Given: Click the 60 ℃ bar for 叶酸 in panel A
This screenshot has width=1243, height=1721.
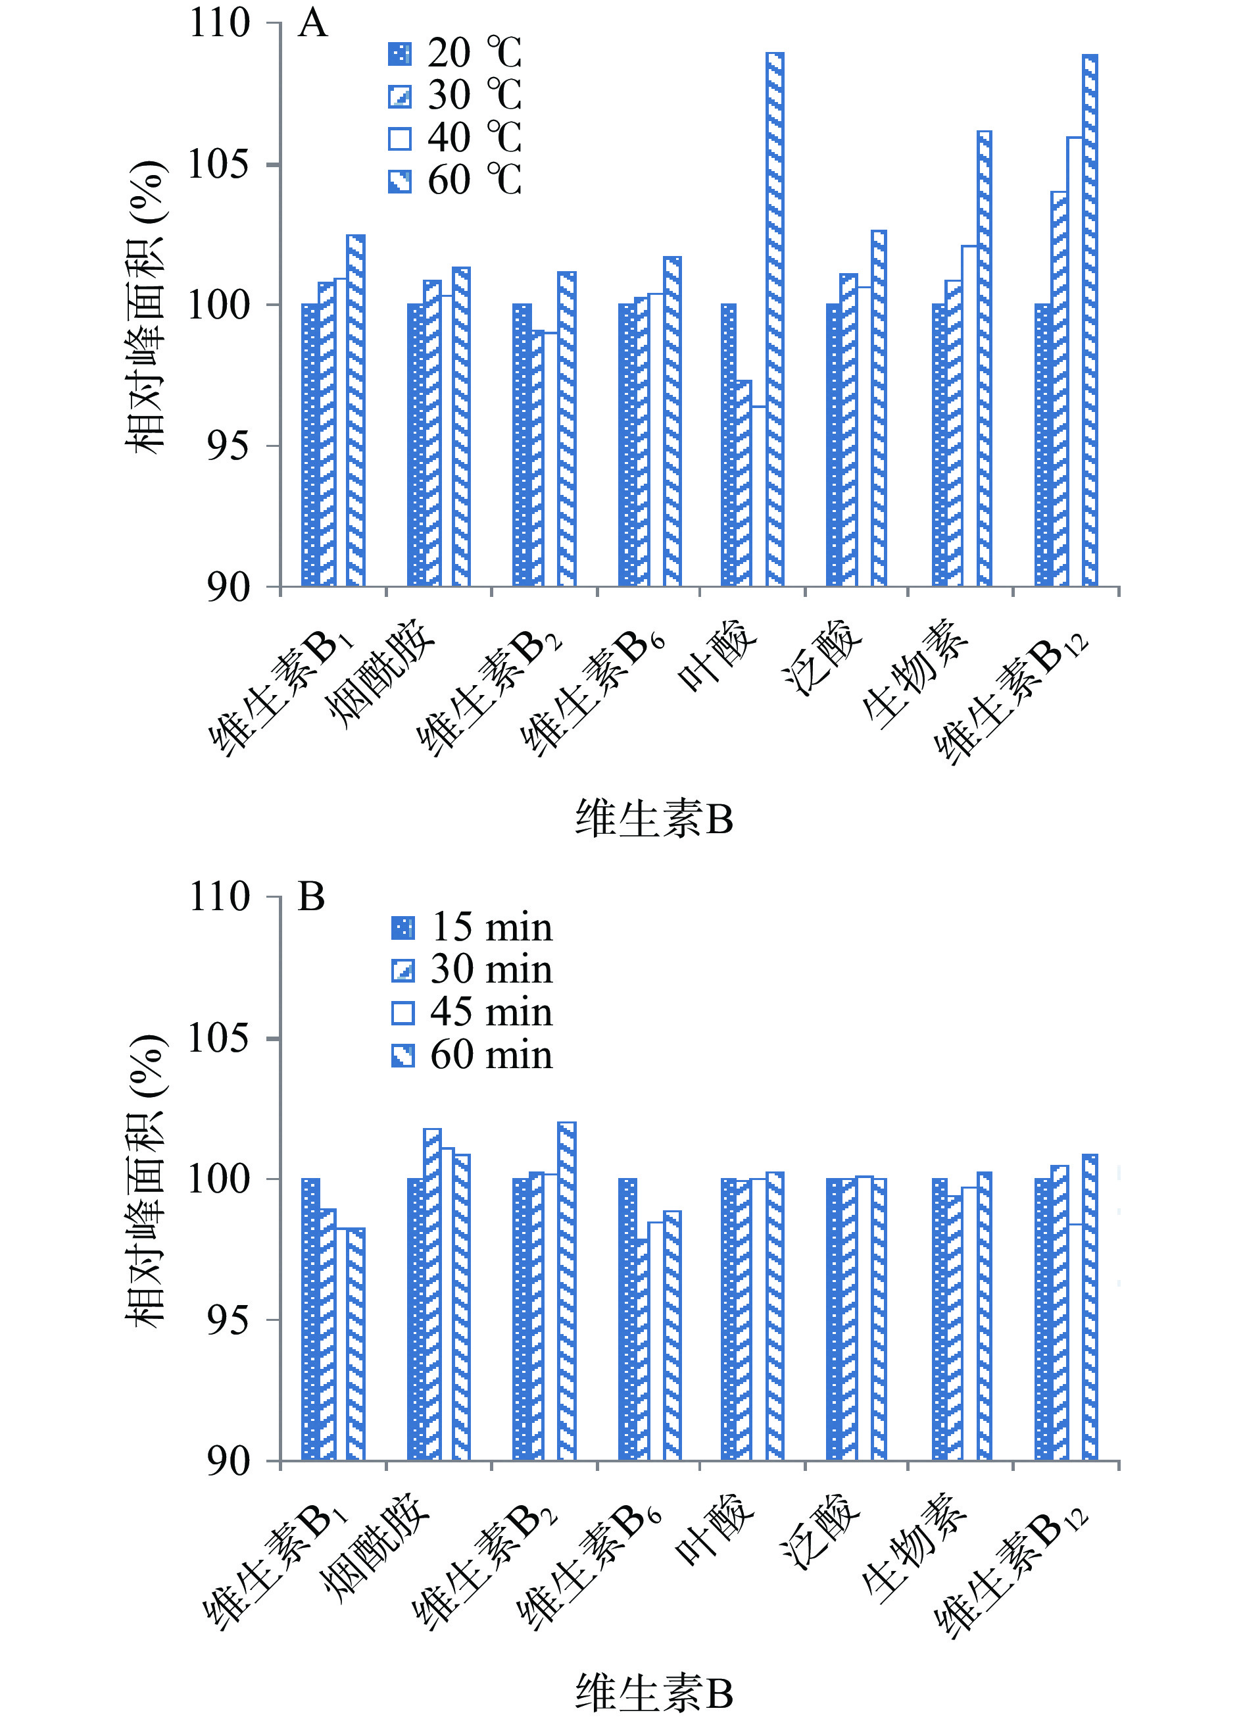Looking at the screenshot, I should click(x=774, y=319).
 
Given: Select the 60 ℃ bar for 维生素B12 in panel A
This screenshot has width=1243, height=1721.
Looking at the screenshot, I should click(x=1089, y=319).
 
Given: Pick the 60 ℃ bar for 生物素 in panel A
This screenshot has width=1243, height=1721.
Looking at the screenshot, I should click(x=984, y=357).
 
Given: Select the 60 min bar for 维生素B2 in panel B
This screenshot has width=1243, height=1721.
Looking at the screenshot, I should click(x=566, y=1290).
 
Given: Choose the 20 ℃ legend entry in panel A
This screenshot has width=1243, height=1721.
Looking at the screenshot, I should click(x=455, y=54).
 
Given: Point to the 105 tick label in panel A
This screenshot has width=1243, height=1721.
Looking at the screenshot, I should click(x=218, y=165).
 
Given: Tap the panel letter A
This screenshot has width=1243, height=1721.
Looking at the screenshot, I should click(x=312, y=24).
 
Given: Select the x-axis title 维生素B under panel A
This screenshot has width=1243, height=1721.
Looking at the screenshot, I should click(x=654, y=819).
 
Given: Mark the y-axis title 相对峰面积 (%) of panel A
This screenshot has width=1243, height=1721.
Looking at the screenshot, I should click(x=145, y=307).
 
